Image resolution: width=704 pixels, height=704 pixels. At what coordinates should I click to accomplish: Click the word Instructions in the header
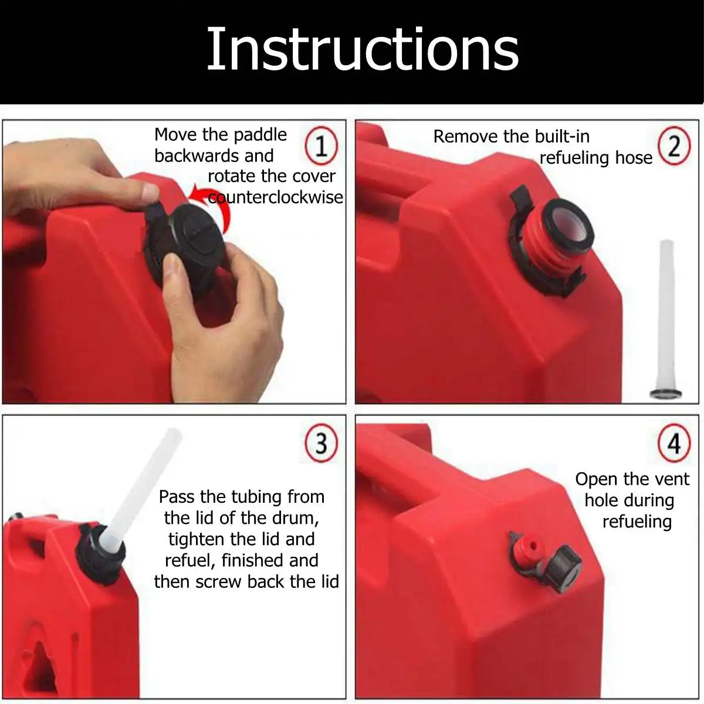(x=363, y=49)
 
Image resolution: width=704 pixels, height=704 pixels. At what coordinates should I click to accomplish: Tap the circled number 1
(x=321, y=145)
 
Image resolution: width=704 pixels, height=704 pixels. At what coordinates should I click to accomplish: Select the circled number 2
(x=674, y=145)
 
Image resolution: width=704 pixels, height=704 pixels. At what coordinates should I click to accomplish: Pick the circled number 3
(x=321, y=443)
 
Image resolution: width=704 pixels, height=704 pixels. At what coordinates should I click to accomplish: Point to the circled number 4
(x=674, y=443)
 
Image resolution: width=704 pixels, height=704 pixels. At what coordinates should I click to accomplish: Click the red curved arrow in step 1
(x=219, y=201)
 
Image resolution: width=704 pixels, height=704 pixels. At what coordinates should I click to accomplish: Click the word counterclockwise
(x=276, y=197)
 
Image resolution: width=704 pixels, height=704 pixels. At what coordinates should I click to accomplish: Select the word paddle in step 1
(x=260, y=136)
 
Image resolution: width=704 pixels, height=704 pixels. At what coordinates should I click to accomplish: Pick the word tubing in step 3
(x=254, y=497)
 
